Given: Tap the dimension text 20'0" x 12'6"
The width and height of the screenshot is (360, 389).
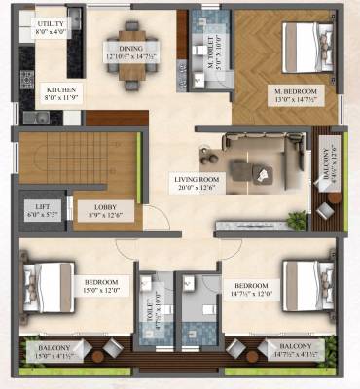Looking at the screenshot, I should click(x=198, y=189).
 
